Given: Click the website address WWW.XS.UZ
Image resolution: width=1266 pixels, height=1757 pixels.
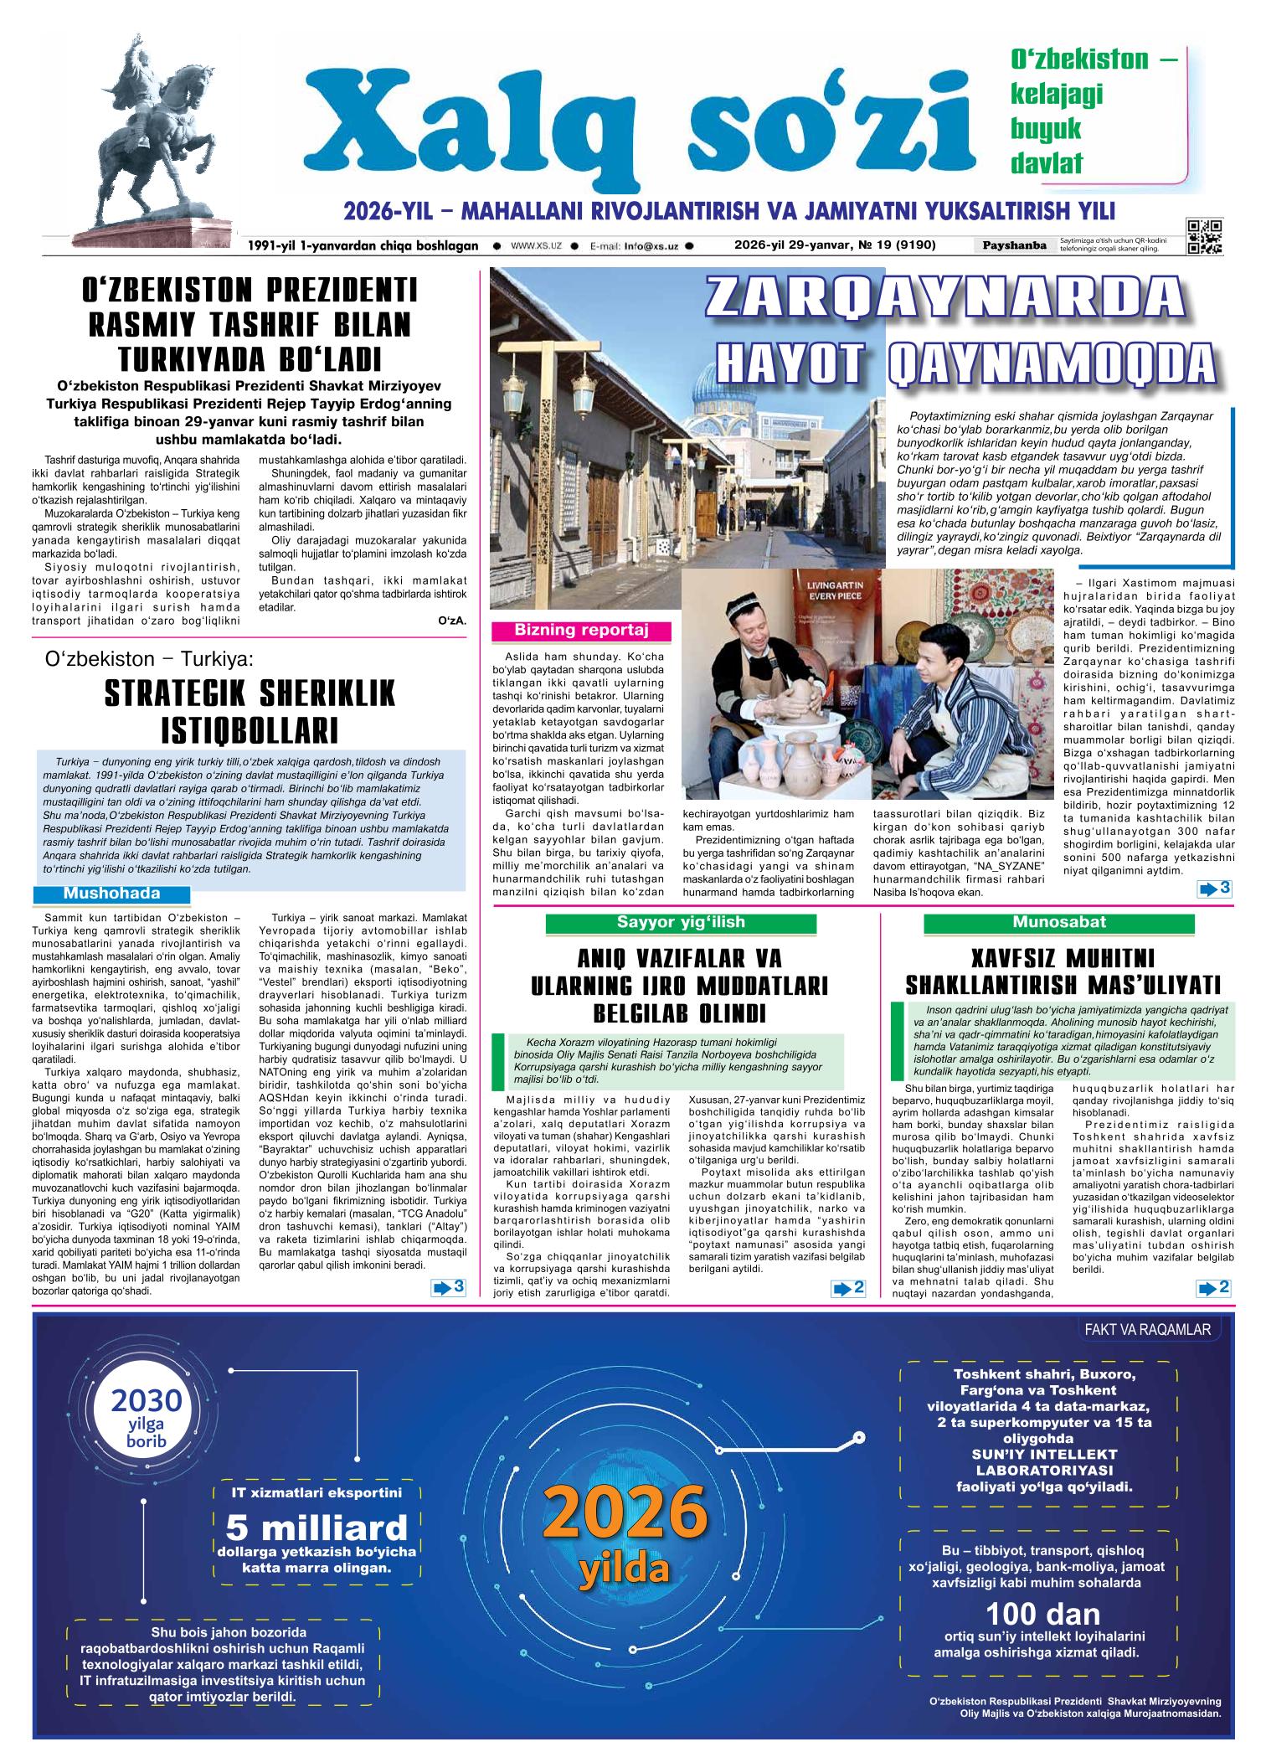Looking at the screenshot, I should (x=535, y=246).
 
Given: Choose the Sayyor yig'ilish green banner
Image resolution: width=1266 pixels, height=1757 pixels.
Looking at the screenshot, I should (x=680, y=923).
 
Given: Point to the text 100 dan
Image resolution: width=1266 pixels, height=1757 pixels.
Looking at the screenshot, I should (x=1042, y=1615).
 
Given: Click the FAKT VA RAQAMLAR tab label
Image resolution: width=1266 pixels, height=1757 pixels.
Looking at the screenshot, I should (x=1147, y=1330).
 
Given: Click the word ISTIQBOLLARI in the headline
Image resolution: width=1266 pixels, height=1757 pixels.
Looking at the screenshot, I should (x=250, y=729).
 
